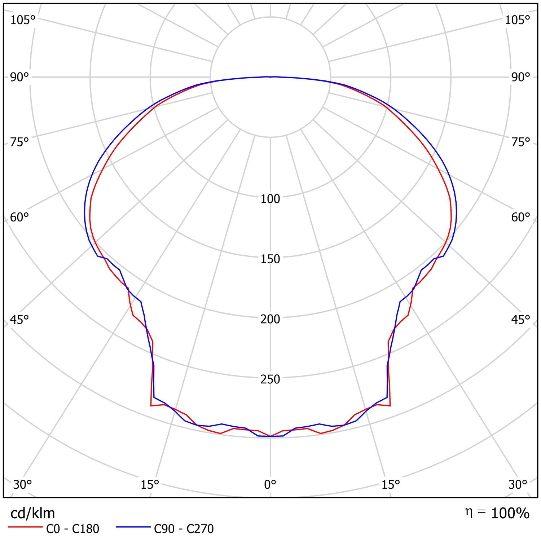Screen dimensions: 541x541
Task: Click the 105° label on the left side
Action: pos(22,20)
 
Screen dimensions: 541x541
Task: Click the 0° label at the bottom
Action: pos(270,485)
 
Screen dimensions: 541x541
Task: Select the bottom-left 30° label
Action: pos(22,485)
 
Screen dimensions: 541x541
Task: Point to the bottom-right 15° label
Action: pos(391,485)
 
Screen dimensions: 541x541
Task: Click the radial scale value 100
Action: pos(270,199)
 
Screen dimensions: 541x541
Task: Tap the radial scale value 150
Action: pos(270,259)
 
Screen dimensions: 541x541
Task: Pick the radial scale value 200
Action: pos(270,319)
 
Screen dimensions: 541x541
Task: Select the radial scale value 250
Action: pos(270,379)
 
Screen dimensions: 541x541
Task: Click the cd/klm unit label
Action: pos(33,513)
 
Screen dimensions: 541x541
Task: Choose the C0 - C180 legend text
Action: pos(72,529)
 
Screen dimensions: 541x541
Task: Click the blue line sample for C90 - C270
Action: pos(133,527)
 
